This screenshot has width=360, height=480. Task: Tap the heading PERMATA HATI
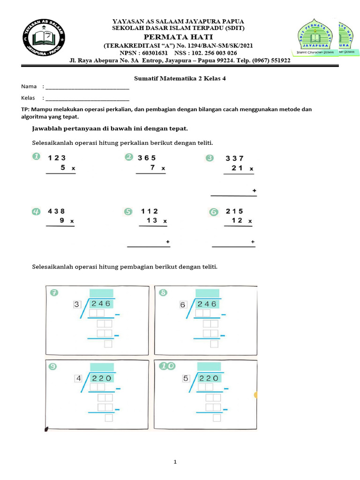(178, 37)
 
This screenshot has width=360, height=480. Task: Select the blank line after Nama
(87, 87)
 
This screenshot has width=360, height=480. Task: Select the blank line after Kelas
(87, 98)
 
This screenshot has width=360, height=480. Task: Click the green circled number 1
(36, 157)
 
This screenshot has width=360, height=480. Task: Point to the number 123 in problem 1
(57, 158)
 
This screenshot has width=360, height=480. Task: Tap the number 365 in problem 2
(146, 158)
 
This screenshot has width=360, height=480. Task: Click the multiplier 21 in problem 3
(237, 168)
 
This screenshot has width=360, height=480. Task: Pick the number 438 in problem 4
(56, 211)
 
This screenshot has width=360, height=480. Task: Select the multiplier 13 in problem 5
(151, 220)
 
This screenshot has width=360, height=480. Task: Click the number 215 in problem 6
(234, 211)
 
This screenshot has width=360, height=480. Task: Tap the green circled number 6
(214, 212)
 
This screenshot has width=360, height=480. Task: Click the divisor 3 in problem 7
(77, 305)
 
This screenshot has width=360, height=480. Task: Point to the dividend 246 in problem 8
(207, 304)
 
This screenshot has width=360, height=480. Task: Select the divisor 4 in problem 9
(78, 378)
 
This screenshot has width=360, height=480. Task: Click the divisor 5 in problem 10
(186, 378)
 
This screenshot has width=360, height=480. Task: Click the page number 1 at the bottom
(175, 462)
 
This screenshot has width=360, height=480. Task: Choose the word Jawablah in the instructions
(46, 128)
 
